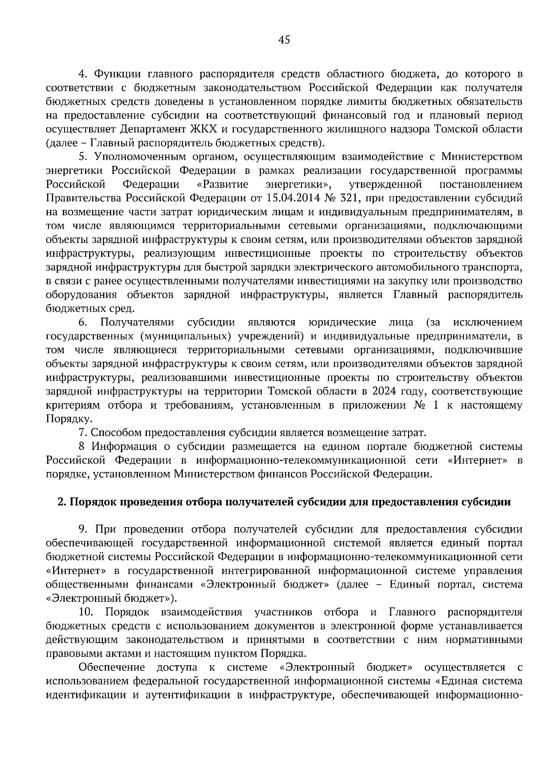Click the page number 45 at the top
(x=284, y=40)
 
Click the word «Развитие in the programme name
(x=222, y=184)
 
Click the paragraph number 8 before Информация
(x=82, y=447)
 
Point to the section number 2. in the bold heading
(x=61, y=502)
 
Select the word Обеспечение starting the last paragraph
(x=112, y=667)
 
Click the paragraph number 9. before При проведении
(x=83, y=529)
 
